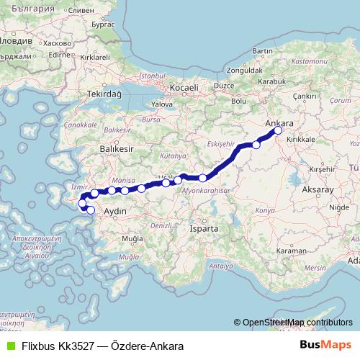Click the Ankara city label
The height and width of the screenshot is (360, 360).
pos(279,123)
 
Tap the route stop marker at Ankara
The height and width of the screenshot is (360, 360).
pos(279,131)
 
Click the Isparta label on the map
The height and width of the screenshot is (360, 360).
pos(204,228)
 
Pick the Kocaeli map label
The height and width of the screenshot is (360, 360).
pos(184,88)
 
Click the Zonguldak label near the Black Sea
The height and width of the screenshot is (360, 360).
pos(245,71)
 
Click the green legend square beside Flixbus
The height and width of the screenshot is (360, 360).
pos(10,346)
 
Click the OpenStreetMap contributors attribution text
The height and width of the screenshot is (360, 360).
pos(297,323)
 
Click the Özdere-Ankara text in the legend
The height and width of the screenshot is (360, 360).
pos(148,346)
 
